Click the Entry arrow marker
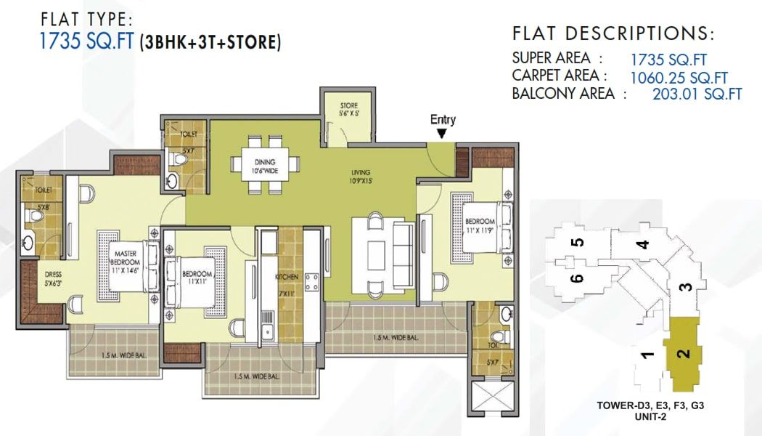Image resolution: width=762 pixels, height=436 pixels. coord(442,131)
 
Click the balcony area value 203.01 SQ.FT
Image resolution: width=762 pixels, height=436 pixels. coord(697,94)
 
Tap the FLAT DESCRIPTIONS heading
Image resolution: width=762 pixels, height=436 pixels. coord(613,34)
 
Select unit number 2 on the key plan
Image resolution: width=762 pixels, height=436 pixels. coord(682,354)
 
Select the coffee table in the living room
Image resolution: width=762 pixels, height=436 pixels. coord(375,251)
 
